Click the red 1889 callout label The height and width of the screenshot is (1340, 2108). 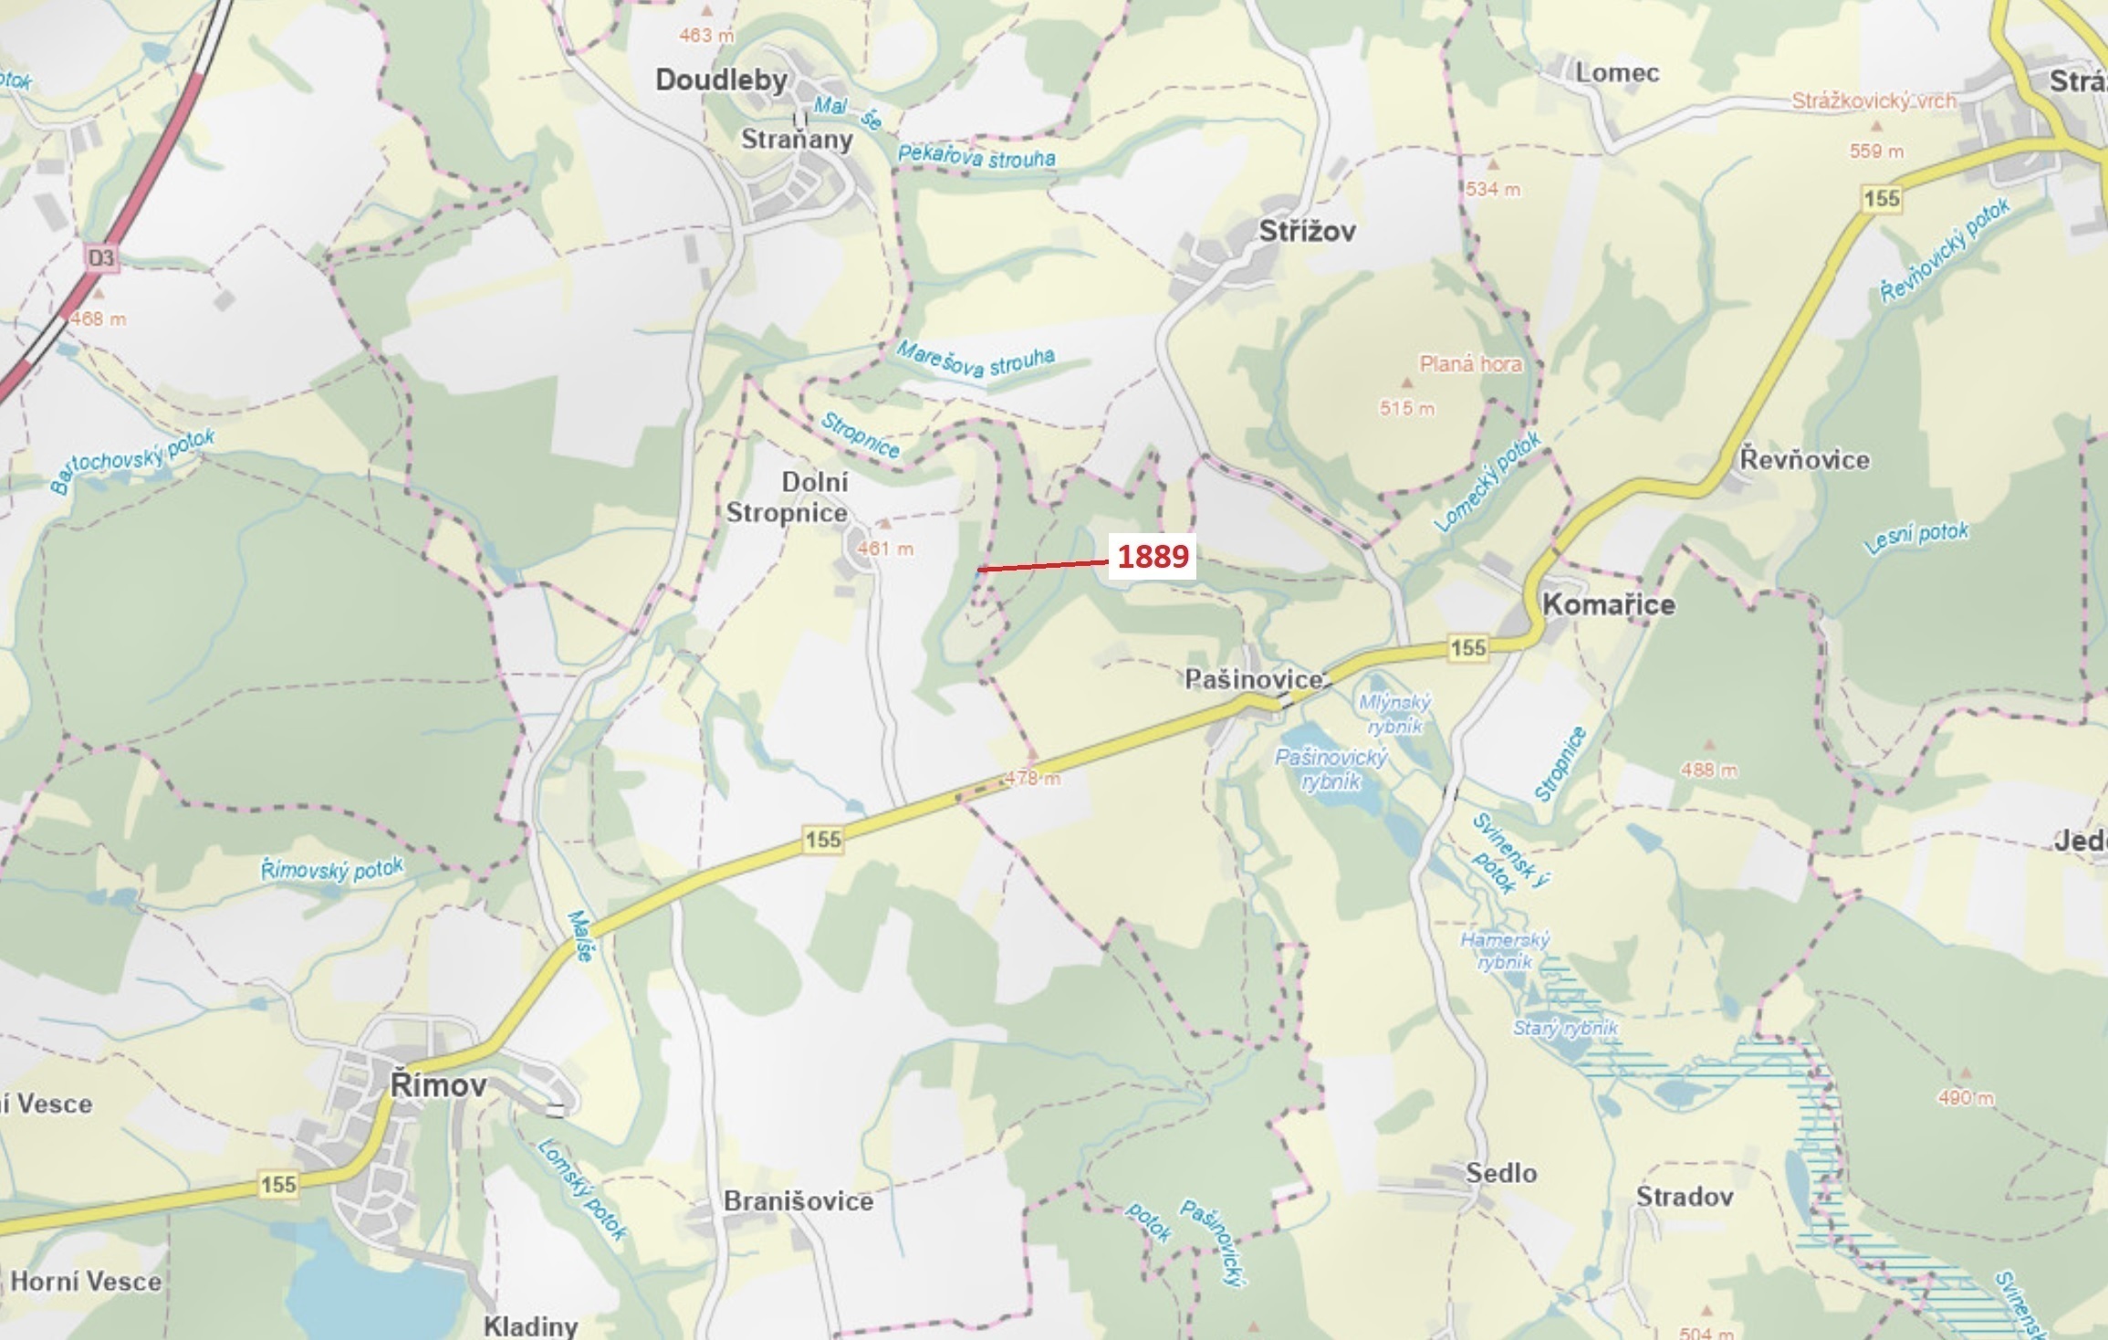(1153, 556)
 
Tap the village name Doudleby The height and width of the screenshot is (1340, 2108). (721, 80)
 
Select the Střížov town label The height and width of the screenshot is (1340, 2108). (1307, 231)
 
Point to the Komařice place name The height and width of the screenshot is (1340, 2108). (1608, 604)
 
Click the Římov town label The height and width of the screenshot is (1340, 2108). (438, 1085)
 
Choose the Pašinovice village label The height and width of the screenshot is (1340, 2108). (1253, 679)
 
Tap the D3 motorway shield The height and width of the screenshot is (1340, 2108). (101, 258)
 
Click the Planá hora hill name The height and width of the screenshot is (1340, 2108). (1470, 364)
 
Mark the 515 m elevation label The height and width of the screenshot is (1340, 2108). (1406, 408)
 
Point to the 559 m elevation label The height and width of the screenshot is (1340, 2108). (1876, 152)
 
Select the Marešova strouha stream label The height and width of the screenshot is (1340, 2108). (975, 359)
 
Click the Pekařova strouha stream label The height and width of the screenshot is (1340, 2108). (976, 157)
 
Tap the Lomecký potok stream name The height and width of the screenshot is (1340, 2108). (1487, 481)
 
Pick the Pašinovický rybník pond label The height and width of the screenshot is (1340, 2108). (1331, 769)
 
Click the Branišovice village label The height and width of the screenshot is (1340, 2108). (798, 1201)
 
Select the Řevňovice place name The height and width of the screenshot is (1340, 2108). (1804, 459)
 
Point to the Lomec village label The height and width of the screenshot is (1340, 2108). (1616, 73)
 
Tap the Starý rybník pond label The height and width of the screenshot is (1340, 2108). (1565, 1028)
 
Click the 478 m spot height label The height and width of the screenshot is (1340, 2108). (1032, 779)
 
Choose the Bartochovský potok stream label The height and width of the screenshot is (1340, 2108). (133, 461)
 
